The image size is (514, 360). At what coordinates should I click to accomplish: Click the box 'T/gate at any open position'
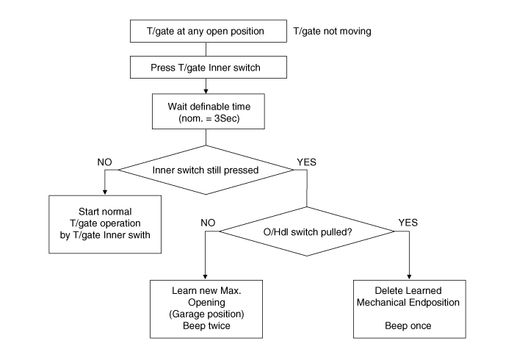click(206, 32)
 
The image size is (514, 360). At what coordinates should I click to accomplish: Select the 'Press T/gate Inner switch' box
click(206, 68)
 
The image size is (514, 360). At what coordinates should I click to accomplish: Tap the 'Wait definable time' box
click(206, 110)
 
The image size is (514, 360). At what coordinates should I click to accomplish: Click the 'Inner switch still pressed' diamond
click(206, 170)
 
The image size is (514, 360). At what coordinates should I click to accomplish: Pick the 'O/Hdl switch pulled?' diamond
click(307, 231)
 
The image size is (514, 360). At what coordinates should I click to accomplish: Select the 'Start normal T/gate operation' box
click(105, 223)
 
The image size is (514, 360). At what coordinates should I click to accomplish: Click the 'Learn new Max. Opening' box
click(206, 308)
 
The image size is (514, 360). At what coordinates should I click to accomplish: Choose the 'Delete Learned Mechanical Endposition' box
click(408, 308)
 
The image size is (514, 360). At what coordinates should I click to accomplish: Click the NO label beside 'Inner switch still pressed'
click(105, 161)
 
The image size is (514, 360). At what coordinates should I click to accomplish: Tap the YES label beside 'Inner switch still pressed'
click(308, 161)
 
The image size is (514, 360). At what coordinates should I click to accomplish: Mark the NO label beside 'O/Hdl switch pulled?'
click(208, 221)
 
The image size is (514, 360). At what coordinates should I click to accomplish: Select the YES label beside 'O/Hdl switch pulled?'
click(408, 221)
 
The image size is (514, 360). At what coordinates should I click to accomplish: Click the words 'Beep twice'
click(206, 325)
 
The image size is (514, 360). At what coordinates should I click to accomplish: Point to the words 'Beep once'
click(408, 325)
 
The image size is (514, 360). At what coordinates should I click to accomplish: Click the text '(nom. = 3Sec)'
click(206, 118)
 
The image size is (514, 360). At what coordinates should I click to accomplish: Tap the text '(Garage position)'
click(206, 314)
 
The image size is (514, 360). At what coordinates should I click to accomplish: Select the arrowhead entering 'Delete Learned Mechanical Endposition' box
click(408, 276)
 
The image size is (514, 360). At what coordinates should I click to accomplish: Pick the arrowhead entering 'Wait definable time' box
click(206, 90)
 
